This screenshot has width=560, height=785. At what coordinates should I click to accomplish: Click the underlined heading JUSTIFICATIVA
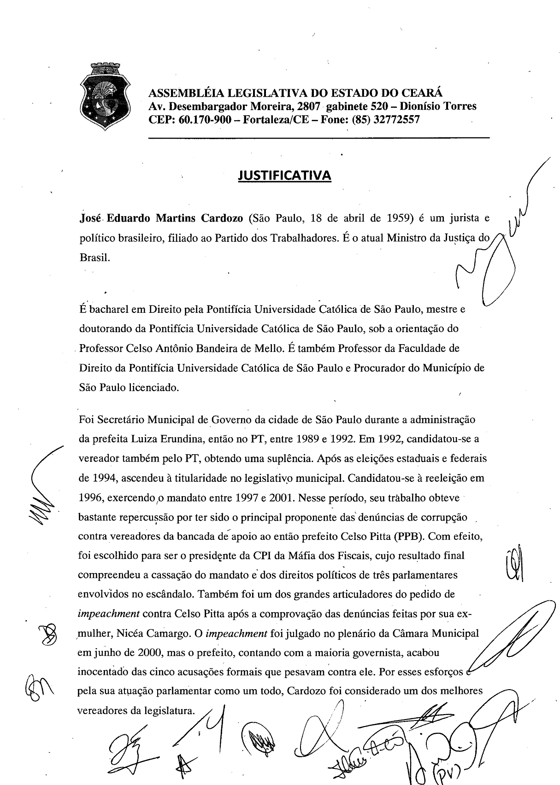point(284,176)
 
